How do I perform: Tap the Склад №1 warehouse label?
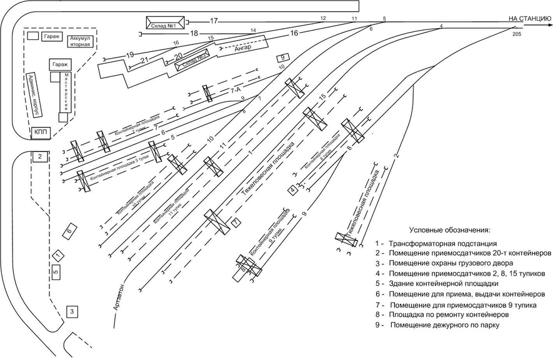point(165,23)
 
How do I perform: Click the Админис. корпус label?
point(32,94)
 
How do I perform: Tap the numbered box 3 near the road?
point(72,311)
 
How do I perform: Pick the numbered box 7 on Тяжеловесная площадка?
point(236,222)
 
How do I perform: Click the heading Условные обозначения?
point(450,230)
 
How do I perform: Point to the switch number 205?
point(516,35)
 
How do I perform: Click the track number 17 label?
point(214,21)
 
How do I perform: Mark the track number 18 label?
point(194,33)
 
